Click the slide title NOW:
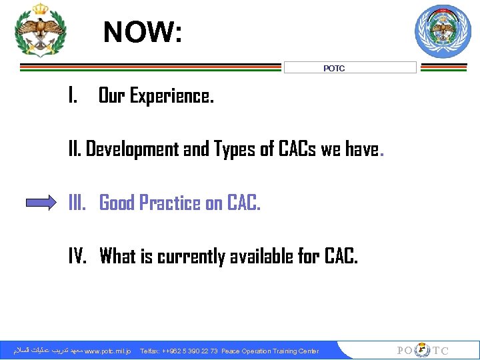click(x=142, y=31)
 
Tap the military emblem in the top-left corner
click(x=41, y=30)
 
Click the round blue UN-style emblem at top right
click(x=443, y=31)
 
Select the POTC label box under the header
click(x=350, y=68)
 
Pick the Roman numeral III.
click(x=78, y=203)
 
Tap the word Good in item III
click(x=117, y=203)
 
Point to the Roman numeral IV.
click(x=78, y=255)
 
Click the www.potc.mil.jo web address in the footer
click(x=108, y=351)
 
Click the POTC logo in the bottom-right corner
click(x=422, y=351)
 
